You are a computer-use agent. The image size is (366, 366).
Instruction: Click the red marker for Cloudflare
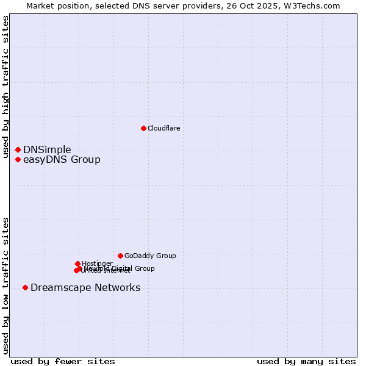(143, 128)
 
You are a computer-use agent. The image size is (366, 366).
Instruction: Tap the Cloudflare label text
(163, 128)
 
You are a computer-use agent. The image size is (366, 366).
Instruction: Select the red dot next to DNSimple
(18, 149)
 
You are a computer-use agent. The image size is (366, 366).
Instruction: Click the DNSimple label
(47, 149)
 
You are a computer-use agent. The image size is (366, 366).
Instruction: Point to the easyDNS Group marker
(18, 160)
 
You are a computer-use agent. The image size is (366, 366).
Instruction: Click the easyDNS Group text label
(62, 160)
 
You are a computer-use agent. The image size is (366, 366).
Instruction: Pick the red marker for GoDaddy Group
(120, 256)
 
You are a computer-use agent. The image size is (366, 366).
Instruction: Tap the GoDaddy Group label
(149, 256)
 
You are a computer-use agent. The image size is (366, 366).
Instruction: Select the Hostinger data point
(77, 264)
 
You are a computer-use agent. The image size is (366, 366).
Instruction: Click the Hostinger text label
(97, 264)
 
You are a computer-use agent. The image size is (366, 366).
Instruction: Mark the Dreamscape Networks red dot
(25, 287)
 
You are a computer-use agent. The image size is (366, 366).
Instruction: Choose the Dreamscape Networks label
(85, 287)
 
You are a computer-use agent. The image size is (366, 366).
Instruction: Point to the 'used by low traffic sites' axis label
(5, 285)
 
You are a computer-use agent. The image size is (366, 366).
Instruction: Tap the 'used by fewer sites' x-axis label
(63, 361)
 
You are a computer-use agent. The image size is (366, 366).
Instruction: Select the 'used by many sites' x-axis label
(306, 361)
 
